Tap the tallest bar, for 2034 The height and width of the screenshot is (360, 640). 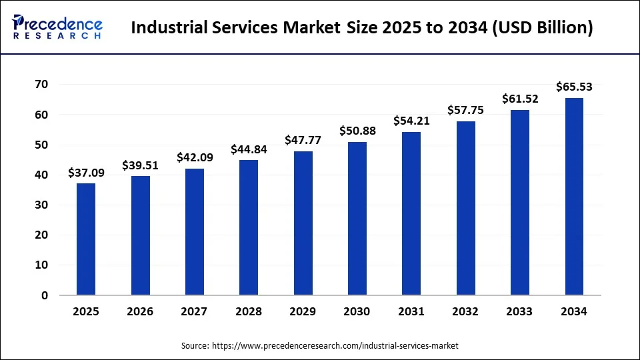[574, 196]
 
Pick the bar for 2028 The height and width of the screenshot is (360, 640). [249, 227]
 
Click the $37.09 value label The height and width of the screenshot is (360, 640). [86, 173]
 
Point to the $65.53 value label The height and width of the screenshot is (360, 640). [574, 87]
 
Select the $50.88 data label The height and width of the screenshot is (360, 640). [357, 131]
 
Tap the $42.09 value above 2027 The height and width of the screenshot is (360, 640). [195, 157]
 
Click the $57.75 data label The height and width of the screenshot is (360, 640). [465, 110]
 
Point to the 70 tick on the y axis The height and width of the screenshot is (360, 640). [41, 85]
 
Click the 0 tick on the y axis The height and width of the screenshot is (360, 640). [45, 295]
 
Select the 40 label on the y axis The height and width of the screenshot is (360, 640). [41, 175]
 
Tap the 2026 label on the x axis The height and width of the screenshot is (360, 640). [140, 311]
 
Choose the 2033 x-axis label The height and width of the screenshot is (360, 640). [519, 311]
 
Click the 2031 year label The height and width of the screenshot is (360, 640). [411, 311]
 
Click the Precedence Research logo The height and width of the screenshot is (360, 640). [57, 27]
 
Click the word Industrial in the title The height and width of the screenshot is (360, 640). [169, 28]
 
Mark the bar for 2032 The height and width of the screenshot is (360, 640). [465, 208]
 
